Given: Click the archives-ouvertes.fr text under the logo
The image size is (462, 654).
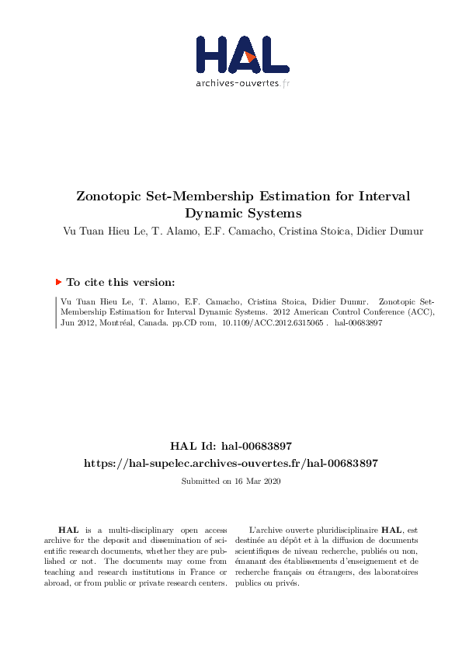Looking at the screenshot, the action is (243, 83).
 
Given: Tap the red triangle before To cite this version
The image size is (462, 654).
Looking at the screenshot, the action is (58, 283).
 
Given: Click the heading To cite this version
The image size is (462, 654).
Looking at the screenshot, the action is (121, 283).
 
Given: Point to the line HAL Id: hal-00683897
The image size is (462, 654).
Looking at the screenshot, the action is (231, 446).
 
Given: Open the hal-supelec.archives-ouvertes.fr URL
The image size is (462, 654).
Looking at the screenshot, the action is (231, 463).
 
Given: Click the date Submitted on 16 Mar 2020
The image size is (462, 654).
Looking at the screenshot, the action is (231, 482).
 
